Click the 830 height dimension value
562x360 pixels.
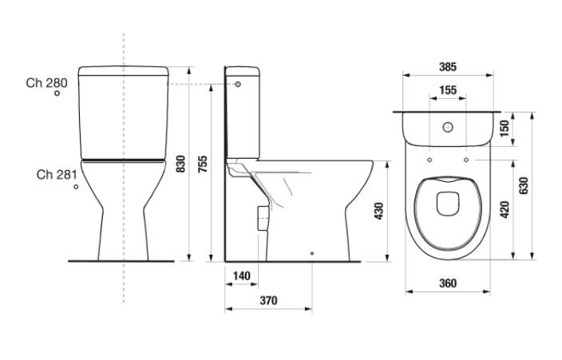[181, 164]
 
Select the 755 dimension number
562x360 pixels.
[203, 164]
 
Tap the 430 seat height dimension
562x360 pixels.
[378, 212]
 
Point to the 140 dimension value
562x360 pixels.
[242, 276]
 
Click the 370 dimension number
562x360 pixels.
[268, 300]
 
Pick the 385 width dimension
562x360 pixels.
[448, 67]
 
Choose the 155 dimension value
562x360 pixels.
[448, 90]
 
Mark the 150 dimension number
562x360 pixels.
[505, 129]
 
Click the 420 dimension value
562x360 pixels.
[505, 209]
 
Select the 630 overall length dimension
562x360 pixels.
[524, 185]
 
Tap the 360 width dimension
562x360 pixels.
[448, 283]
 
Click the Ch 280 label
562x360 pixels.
[46, 83]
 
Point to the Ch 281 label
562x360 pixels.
[57, 175]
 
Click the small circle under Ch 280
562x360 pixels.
[57, 93]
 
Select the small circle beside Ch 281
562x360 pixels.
[76, 187]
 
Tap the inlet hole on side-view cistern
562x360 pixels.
[238, 85]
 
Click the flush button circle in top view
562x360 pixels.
[448, 127]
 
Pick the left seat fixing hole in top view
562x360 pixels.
[429, 160]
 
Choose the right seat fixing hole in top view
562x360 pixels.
[466, 160]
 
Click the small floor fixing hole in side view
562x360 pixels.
[312, 254]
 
